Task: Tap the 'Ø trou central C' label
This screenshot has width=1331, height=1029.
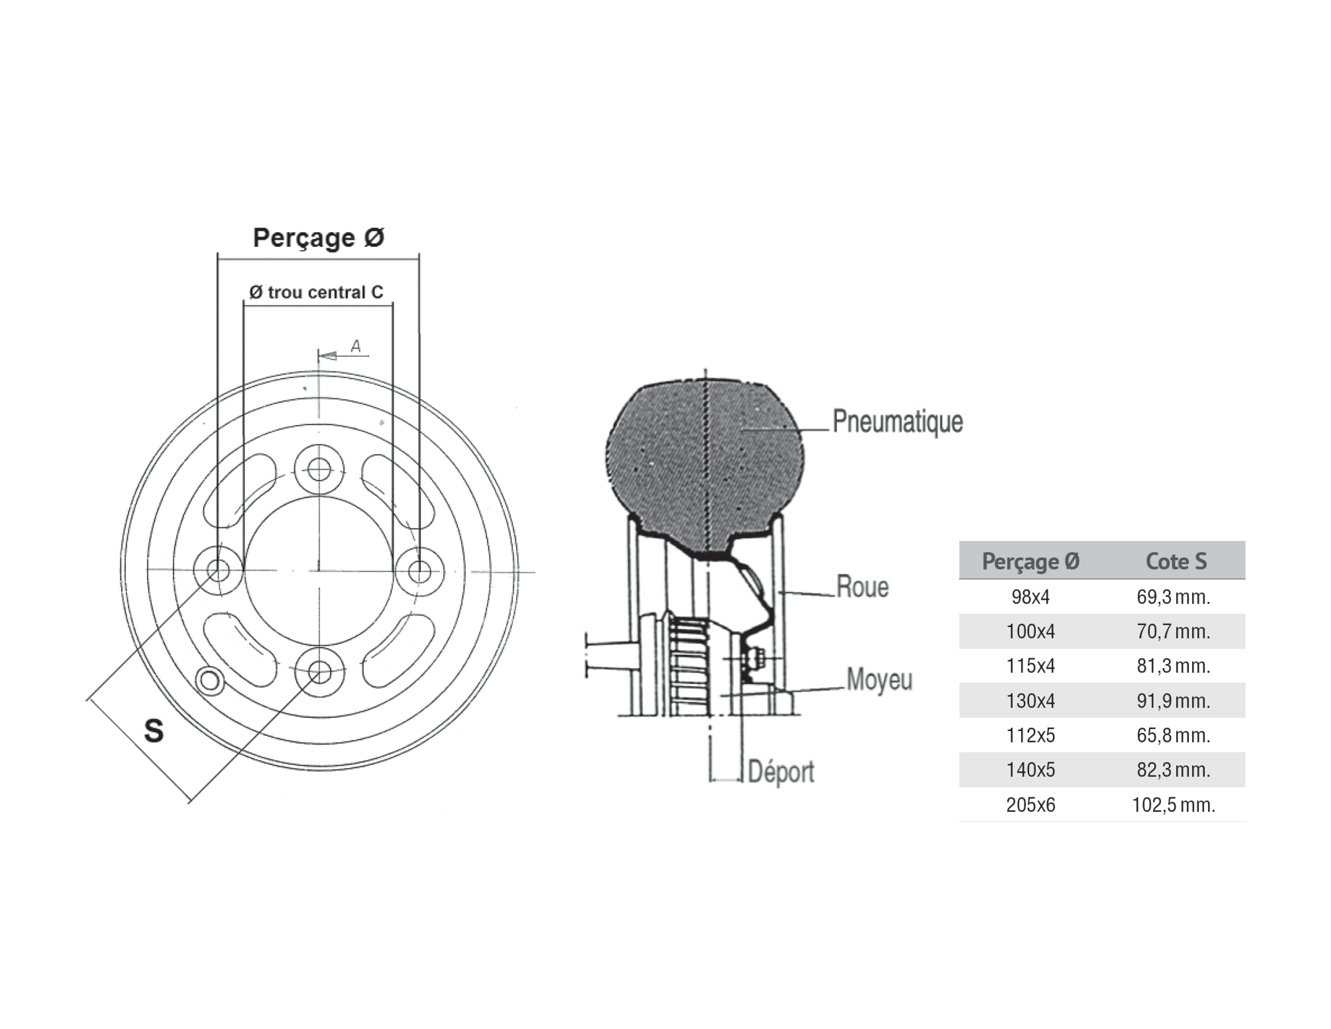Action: click(316, 293)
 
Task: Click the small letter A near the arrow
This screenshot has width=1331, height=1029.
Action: click(356, 346)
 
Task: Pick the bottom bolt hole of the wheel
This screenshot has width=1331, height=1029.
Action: click(319, 672)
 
